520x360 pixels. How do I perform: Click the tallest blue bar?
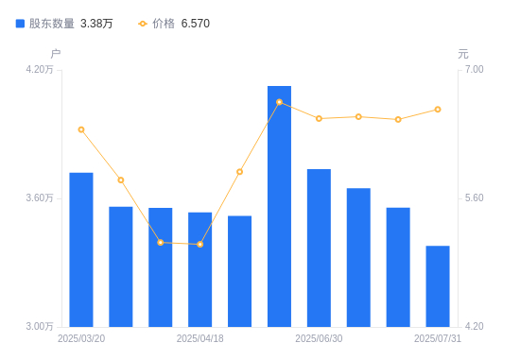[x=279, y=206]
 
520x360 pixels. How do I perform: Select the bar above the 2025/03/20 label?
[x=81, y=249]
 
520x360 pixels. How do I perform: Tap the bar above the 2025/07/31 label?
[x=438, y=286]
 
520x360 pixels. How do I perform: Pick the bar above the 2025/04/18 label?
[x=200, y=269]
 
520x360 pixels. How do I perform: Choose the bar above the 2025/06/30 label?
[x=319, y=248]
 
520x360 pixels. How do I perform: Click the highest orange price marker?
[x=279, y=102]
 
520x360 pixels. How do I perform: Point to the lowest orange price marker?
[x=200, y=245]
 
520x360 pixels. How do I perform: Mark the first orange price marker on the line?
[x=81, y=129]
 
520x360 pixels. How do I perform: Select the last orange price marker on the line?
[x=438, y=110]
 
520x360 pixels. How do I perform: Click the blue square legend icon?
[x=20, y=24]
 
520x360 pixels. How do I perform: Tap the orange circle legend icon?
[x=143, y=24]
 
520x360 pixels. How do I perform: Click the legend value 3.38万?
[x=96, y=24]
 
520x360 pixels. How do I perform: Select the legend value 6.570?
[x=196, y=24]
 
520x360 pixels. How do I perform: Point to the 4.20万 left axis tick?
[x=40, y=69]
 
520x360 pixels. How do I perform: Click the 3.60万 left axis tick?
[x=40, y=197]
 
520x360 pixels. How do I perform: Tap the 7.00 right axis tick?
[x=474, y=69]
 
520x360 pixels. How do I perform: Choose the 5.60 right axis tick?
[x=474, y=197]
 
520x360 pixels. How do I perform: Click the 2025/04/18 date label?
[x=200, y=338]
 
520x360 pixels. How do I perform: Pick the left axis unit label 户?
[x=56, y=53]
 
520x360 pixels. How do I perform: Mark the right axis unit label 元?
[x=463, y=54]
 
